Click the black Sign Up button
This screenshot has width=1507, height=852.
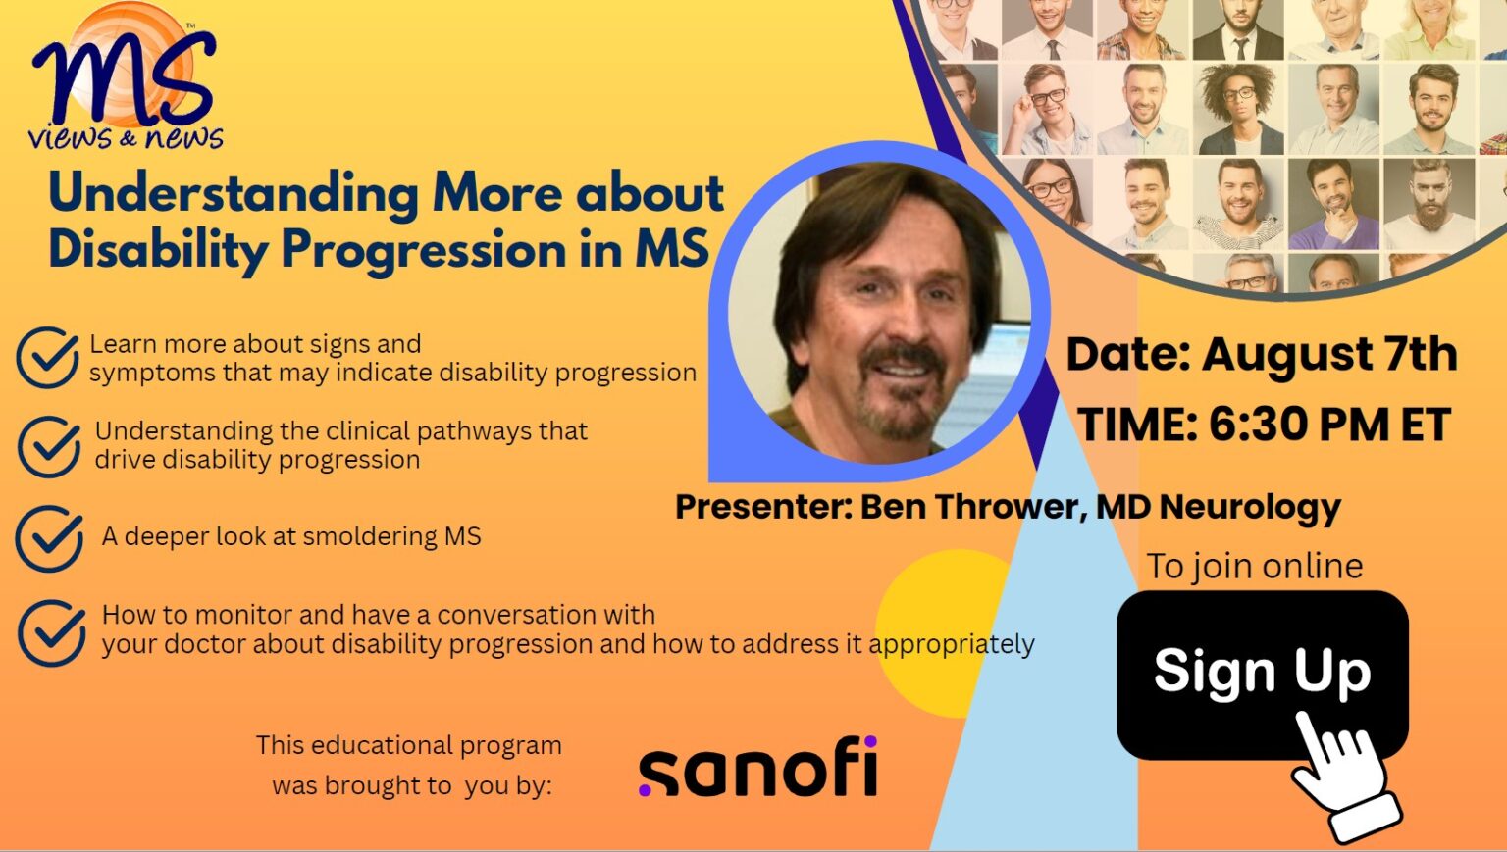tap(1226, 672)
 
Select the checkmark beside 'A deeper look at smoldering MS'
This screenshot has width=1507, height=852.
tap(49, 538)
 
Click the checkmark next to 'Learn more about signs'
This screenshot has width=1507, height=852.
tap(47, 358)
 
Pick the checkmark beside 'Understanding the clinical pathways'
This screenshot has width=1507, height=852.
tap(49, 446)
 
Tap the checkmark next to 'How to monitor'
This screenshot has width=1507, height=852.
tap(51, 632)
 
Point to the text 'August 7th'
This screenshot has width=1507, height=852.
tap(1329, 354)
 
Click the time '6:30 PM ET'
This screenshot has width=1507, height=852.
tap(1329, 426)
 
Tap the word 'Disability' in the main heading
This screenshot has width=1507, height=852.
tap(157, 249)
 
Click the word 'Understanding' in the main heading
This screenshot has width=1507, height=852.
tap(234, 192)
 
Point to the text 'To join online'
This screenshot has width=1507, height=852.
tap(1255, 566)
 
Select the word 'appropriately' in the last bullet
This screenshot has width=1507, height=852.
tap(951, 644)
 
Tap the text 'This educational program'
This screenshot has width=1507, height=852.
tap(409, 745)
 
